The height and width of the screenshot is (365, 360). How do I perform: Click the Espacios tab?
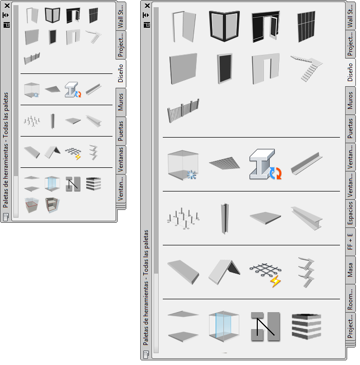coord(350,213)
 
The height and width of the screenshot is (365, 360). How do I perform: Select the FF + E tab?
coord(350,241)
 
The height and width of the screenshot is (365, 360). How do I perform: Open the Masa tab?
coord(350,270)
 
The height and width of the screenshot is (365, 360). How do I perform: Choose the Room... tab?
coord(350,298)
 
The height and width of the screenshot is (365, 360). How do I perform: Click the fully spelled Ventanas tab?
coord(121,160)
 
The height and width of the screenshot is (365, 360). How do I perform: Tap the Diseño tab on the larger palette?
coord(350,72)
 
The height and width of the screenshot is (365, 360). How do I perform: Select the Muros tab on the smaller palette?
coord(121,102)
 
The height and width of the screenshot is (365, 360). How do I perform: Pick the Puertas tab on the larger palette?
coord(350,129)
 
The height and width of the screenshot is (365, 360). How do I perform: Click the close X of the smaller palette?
coord(7,6)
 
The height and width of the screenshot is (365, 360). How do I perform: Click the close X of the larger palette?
coord(147,6)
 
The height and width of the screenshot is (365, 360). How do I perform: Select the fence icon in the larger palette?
coord(183,110)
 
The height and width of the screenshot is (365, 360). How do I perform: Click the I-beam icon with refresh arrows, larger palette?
coord(266,164)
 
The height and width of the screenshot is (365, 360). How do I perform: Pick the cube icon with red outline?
coord(32,205)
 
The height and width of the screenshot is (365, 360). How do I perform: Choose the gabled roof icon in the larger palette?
coord(224,272)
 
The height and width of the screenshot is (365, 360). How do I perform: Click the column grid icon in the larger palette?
coord(183,219)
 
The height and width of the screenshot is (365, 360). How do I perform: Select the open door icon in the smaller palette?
coord(32,15)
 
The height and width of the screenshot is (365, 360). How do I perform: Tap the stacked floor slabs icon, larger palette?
coord(307,326)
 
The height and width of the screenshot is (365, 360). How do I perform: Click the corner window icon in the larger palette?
coord(224,26)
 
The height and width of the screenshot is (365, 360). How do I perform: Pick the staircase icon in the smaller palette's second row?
coord(94,37)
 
